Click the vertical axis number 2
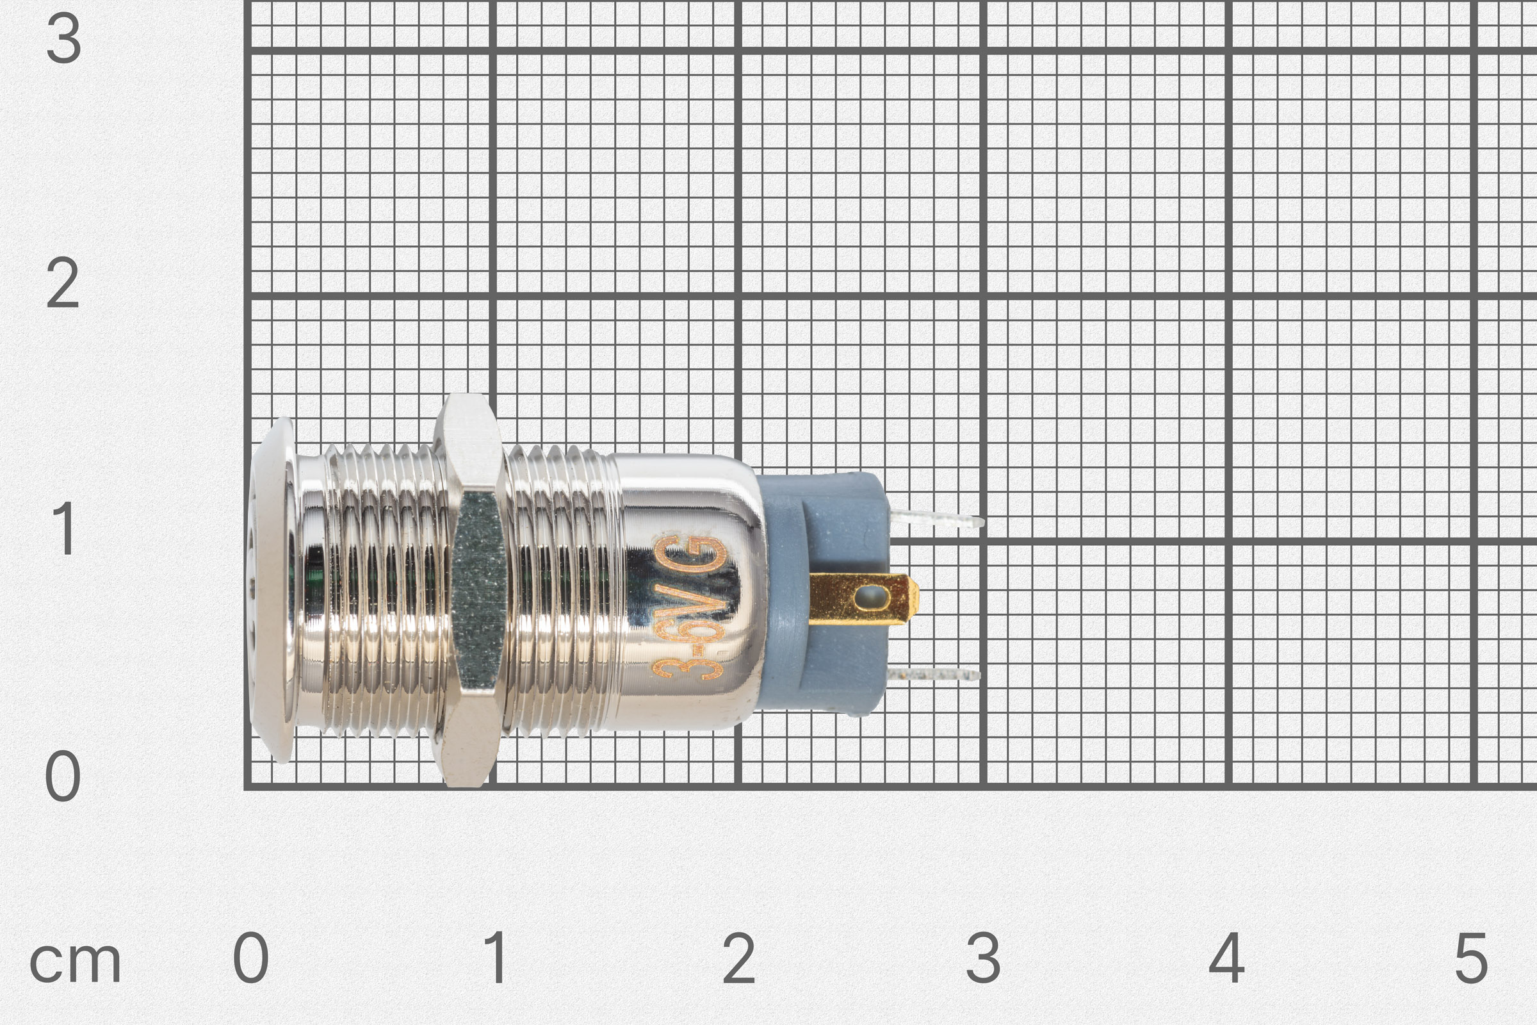coord(63,284)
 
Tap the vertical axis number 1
coord(64,530)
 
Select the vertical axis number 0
coord(63,776)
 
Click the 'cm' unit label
coord(75,962)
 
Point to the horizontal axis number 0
coord(251,958)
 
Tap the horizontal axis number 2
coord(739,958)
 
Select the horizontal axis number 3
coord(983,958)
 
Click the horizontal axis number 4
coord(1226,958)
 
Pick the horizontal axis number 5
coord(1471,958)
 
